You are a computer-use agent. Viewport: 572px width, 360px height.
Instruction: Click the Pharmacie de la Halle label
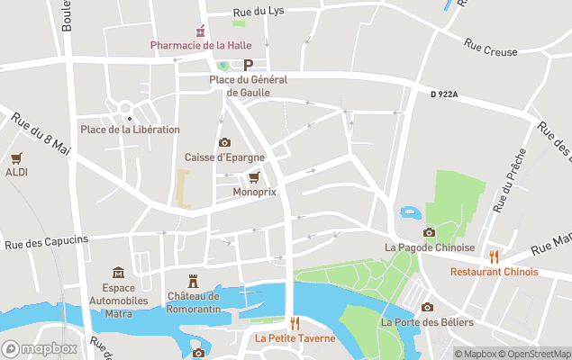(200, 45)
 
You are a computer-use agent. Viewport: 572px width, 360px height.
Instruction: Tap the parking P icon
(248, 65)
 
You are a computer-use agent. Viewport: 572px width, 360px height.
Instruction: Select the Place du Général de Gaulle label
(248, 85)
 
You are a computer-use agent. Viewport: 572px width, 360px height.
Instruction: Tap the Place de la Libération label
(130, 130)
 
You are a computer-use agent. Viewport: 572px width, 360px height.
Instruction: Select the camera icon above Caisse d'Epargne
(224, 142)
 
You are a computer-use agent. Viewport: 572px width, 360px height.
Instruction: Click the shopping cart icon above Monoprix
(254, 176)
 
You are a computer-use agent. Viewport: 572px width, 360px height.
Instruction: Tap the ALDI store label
(16, 172)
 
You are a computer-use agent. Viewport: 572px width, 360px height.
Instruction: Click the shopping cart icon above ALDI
(16, 157)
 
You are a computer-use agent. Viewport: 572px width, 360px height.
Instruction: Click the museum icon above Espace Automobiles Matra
(118, 273)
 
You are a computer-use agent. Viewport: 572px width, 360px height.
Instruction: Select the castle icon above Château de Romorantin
(192, 281)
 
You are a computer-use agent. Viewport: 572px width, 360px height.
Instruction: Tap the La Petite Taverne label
(294, 338)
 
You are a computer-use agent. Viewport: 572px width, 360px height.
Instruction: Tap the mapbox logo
(40, 348)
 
